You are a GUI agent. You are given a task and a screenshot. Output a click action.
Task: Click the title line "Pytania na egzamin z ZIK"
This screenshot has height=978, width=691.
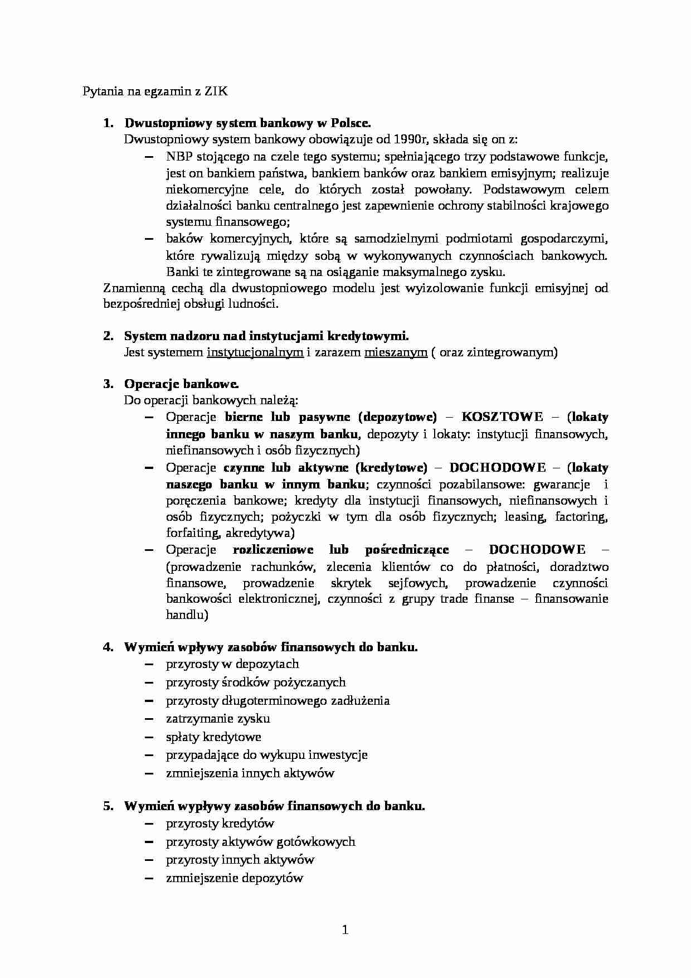[x=155, y=91]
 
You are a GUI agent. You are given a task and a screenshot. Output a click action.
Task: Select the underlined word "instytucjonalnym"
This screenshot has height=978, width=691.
[x=255, y=352]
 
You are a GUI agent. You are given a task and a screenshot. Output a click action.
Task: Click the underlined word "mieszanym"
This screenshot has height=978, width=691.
[x=396, y=352]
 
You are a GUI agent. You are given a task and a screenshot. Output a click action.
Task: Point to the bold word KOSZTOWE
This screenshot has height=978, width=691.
[x=502, y=417]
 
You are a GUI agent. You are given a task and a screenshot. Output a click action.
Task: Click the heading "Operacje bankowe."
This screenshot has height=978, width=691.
[x=182, y=384]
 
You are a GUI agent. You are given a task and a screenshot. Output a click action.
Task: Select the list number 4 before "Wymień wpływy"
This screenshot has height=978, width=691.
[x=108, y=647]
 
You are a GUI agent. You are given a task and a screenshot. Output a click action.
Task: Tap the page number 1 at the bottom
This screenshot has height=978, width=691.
[x=345, y=929]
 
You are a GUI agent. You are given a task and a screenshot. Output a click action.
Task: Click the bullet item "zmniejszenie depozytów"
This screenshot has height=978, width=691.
[x=234, y=878]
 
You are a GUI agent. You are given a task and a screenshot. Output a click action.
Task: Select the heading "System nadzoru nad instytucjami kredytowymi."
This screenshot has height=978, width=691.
[x=266, y=336]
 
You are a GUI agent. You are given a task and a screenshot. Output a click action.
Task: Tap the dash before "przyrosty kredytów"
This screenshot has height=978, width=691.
[x=149, y=824]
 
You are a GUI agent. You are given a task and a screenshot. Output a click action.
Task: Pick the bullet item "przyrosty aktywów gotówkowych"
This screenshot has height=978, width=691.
[x=260, y=842]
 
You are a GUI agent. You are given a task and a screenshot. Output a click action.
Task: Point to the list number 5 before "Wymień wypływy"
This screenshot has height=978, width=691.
[x=108, y=806]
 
